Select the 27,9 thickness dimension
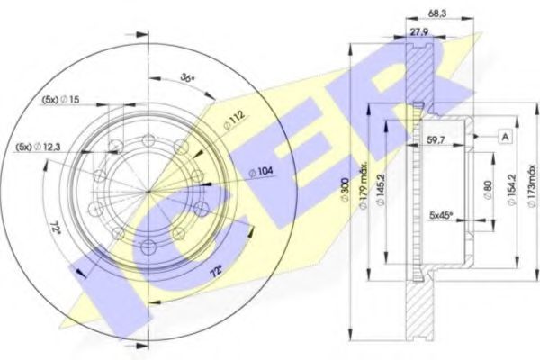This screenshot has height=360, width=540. coord(419,32)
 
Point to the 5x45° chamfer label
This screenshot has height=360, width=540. coord(440,217)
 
